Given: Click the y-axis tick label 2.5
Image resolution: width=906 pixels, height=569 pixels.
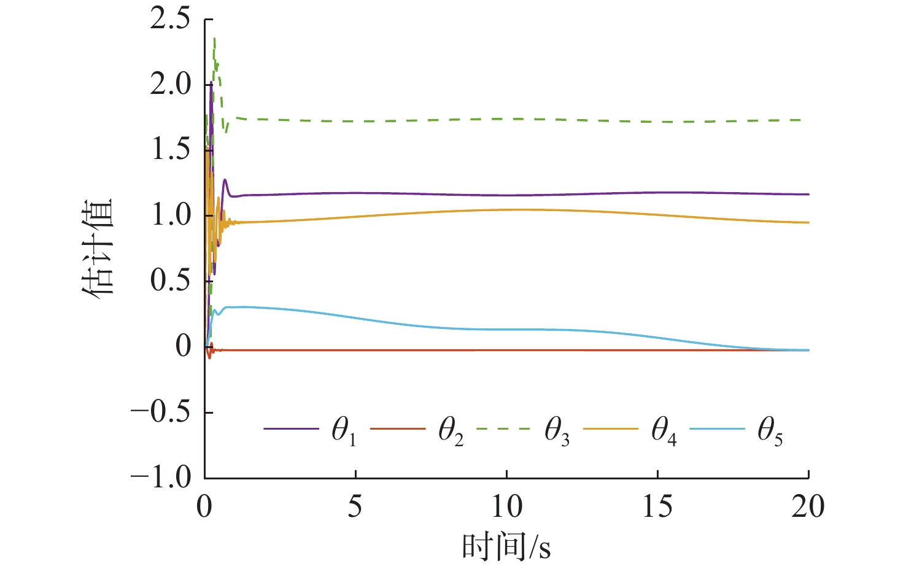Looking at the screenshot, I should [x=170, y=19].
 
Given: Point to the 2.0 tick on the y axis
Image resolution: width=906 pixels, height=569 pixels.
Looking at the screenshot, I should [x=170, y=85].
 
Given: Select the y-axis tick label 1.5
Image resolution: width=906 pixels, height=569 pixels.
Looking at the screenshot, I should [x=170, y=150].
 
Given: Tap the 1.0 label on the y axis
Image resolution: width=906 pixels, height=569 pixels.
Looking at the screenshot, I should [x=170, y=215].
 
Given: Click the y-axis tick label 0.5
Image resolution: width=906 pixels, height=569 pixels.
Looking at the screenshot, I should [x=170, y=281].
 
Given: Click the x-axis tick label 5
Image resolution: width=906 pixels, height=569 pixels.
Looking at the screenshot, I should [x=355, y=507].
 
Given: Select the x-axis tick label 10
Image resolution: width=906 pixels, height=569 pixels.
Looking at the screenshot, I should [x=506, y=507].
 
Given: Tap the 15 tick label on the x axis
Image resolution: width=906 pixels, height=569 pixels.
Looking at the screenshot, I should [x=657, y=507].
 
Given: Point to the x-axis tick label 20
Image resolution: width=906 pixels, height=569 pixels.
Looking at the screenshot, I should [x=808, y=507].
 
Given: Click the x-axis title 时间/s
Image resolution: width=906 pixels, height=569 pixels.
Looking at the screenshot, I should [x=506, y=546].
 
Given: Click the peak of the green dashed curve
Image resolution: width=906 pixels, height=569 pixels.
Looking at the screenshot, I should [x=214, y=38].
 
